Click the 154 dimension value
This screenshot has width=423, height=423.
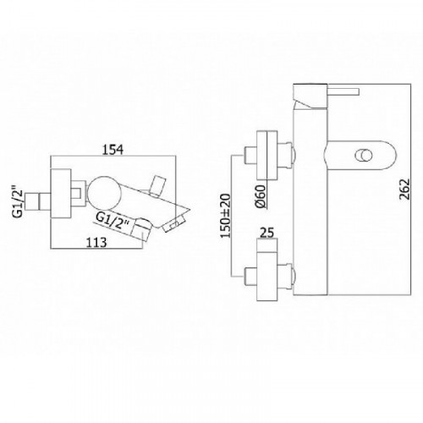pos(113,149)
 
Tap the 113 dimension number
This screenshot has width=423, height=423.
pos(96,242)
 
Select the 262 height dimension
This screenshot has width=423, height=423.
pos(405,190)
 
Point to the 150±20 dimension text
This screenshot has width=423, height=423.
pos(226,216)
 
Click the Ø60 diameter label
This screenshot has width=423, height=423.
pos(261,196)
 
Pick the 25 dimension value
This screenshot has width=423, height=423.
pos(266,233)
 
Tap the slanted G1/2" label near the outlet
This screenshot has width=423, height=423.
pos(113,221)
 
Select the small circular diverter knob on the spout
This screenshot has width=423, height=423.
pos(364,156)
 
